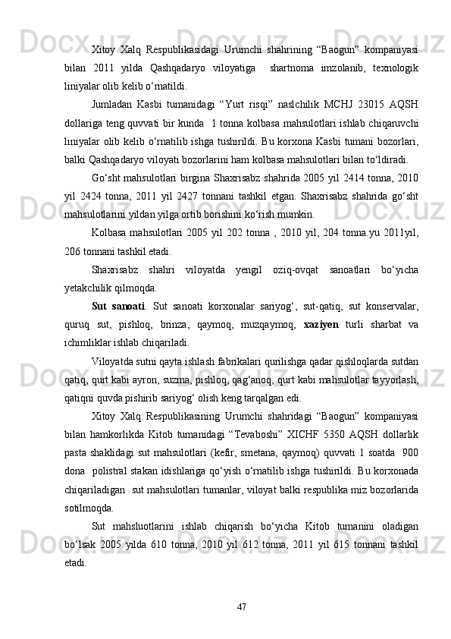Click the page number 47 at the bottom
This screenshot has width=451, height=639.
pyautogui.click(x=240, y=607)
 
